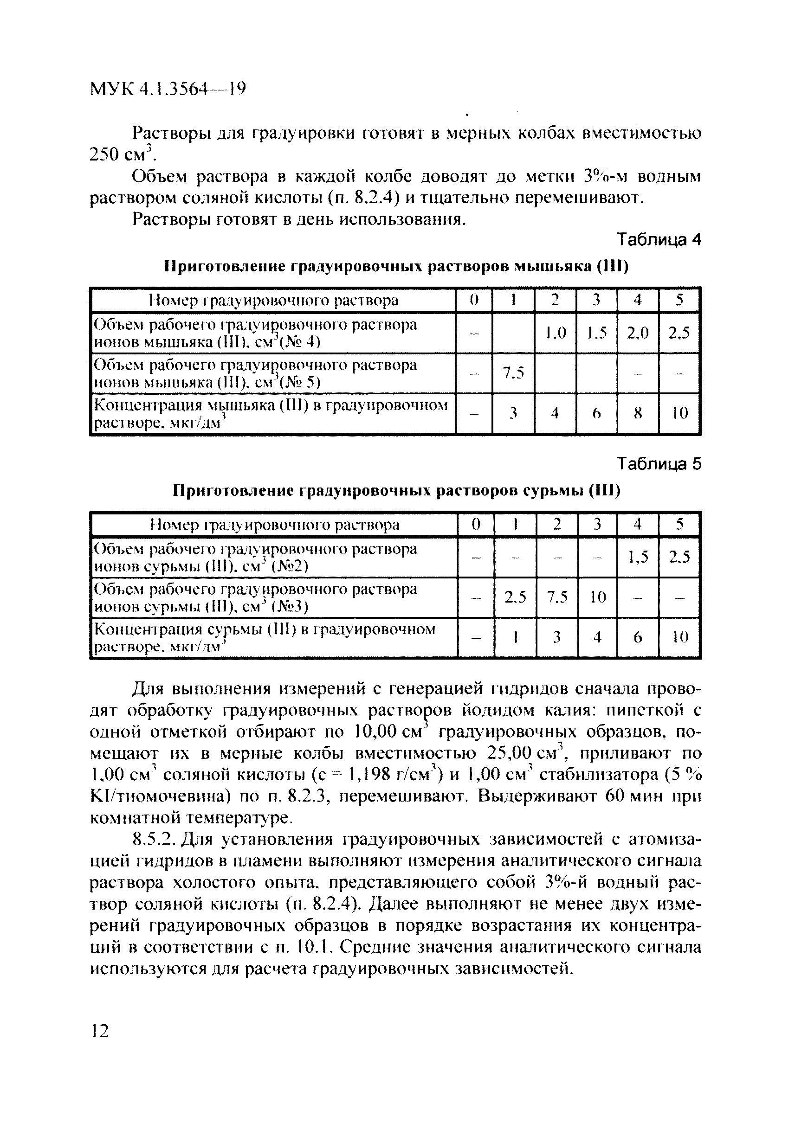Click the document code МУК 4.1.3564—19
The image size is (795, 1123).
pyautogui.click(x=168, y=89)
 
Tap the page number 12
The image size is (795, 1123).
pyautogui.click(x=100, y=1031)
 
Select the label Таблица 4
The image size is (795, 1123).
pyautogui.click(x=659, y=240)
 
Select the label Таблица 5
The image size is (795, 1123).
pyautogui.click(x=659, y=463)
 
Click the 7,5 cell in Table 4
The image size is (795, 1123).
pyautogui.click(x=513, y=373)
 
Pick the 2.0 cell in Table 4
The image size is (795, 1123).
pyautogui.click(x=638, y=333)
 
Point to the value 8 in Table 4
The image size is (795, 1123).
pyautogui.click(x=638, y=413)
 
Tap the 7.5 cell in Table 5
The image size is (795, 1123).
pyautogui.click(x=557, y=597)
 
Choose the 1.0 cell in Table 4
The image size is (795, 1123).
pyautogui.click(x=556, y=333)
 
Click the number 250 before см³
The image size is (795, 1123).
pyautogui.click(x=104, y=154)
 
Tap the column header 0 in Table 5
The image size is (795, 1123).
pyautogui.click(x=476, y=525)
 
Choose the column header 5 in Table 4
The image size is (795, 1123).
pyautogui.click(x=679, y=300)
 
